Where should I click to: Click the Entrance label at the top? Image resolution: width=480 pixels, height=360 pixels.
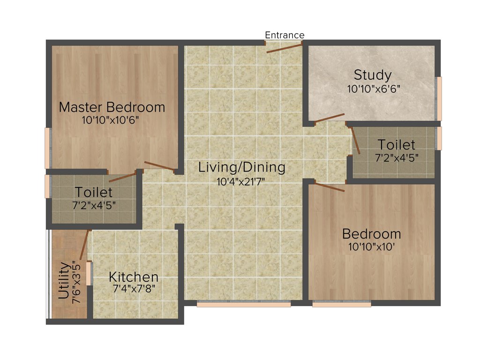[285, 35]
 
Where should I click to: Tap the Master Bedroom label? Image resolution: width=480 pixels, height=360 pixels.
[112, 107]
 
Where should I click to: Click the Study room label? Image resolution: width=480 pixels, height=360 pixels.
[373, 75]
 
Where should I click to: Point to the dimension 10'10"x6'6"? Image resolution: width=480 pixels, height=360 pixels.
[374, 88]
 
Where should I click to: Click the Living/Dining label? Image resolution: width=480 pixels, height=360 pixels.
[241, 167]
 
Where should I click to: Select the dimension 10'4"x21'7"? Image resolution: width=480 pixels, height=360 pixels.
[241, 181]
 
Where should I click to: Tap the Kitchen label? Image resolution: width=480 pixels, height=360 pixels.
[134, 277]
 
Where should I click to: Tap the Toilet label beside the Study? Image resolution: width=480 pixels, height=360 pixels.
[397, 144]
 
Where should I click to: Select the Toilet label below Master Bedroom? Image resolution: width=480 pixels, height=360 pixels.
[94, 192]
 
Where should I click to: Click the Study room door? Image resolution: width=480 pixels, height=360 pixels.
[330, 118]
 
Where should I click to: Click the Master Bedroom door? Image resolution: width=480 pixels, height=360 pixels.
[160, 166]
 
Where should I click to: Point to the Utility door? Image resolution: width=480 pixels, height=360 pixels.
[84, 245]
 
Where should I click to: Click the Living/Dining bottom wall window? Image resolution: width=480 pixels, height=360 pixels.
[243, 304]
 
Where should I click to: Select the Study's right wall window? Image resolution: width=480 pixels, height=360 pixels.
[439, 98]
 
